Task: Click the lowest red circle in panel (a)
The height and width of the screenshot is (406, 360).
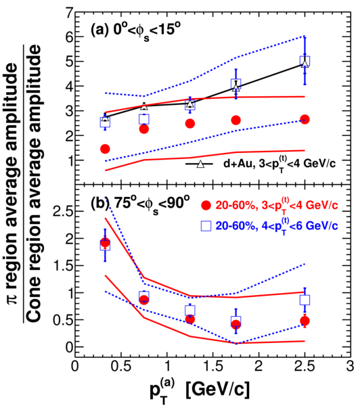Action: pyautogui.click(x=105, y=149)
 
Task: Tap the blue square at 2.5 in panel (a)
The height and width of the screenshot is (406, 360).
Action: pyautogui.click(x=305, y=62)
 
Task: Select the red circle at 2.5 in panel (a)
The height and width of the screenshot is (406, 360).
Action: pyautogui.click(x=305, y=119)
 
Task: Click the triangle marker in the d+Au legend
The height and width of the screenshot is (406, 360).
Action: pyautogui.click(x=200, y=164)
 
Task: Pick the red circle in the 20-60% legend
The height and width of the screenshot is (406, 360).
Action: pyautogui.click(x=206, y=206)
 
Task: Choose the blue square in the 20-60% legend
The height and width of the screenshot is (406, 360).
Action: pyautogui.click(x=206, y=226)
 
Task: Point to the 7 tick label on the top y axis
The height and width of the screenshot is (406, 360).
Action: pyautogui.click(x=70, y=12)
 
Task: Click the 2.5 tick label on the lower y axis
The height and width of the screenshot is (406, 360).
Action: pyautogui.click(x=61, y=211)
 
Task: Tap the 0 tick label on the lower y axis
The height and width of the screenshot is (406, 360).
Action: pyautogui.click(x=70, y=347)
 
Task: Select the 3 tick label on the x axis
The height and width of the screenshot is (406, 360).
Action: pyautogui.click(x=350, y=367)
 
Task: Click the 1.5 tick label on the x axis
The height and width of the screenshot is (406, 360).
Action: pyautogui.click(x=212, y=367)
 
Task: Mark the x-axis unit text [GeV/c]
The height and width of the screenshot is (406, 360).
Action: pyautogui.click(x=218, y=390)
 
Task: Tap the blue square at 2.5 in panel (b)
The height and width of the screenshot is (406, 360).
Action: pyautogui.click(x=305, y=300)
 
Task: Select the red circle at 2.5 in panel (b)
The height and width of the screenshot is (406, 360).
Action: pyautogui.click(x=305, y=321)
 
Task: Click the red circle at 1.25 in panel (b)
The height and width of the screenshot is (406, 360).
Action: pyautogui.click(x=190, y=319)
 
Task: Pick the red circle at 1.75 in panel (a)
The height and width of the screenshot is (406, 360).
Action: pyautogui.click(x=236, y=120)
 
